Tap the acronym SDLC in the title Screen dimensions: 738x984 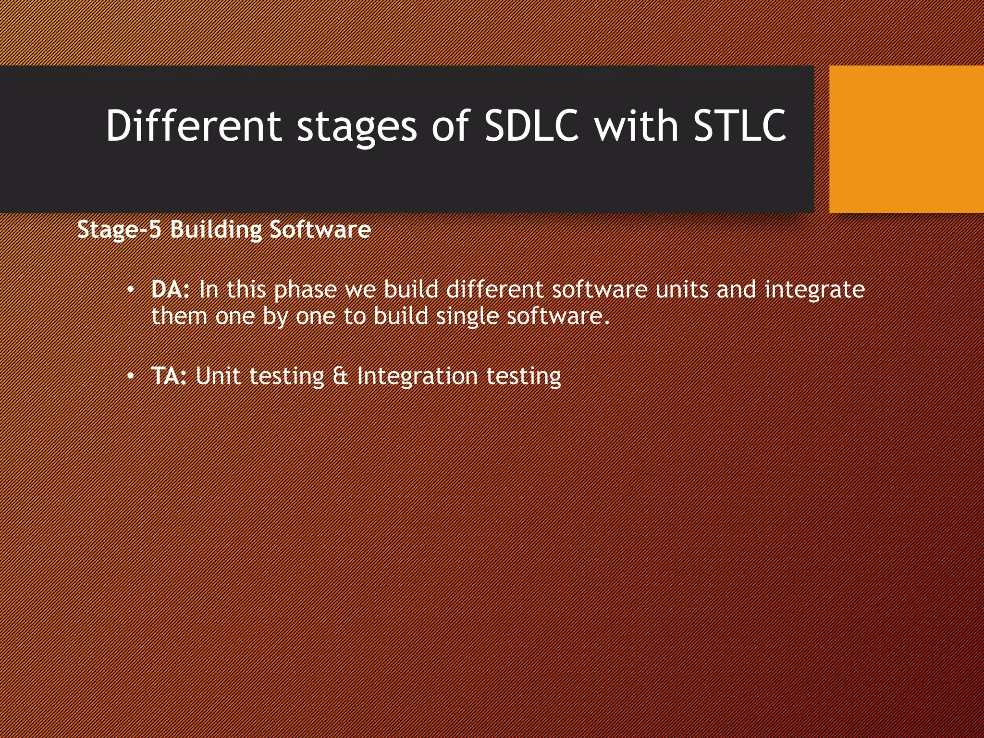[531, 125]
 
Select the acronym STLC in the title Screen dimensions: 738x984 [740, 125]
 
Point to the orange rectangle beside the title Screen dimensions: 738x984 [906, 139]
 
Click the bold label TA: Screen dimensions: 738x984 [169, 376]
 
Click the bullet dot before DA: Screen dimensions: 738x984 [130, 290]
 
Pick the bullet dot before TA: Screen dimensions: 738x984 [130, 377]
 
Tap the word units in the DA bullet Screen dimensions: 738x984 [682, 290]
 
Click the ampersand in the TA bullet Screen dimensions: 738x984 [341, 376]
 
